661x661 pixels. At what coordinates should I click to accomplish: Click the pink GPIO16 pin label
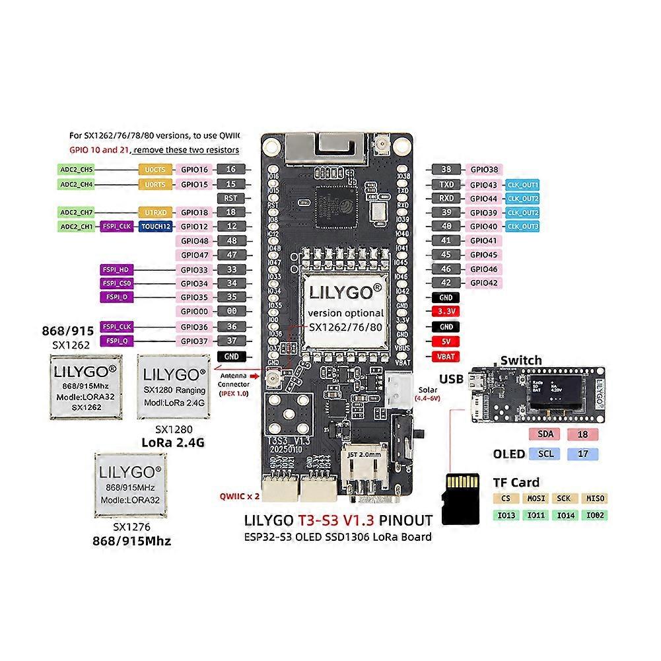click(194, 170)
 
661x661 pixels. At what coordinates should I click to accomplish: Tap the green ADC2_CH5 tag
click(77, 170)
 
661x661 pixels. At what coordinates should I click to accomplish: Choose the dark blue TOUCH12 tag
click(156, 226)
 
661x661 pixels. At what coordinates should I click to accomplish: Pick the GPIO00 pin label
click(194, 312)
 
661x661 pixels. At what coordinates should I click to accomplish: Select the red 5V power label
click(446, 341)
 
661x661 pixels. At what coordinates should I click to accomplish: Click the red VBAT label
click(446, 356)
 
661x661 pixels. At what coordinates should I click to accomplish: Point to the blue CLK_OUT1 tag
click(523, 184)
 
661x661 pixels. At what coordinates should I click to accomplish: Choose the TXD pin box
click(446, 184)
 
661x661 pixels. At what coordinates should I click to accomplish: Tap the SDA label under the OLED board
click(546, 434)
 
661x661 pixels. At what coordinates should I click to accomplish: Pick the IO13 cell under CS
click(506, 515)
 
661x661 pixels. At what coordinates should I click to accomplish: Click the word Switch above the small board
click(521, 361)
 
